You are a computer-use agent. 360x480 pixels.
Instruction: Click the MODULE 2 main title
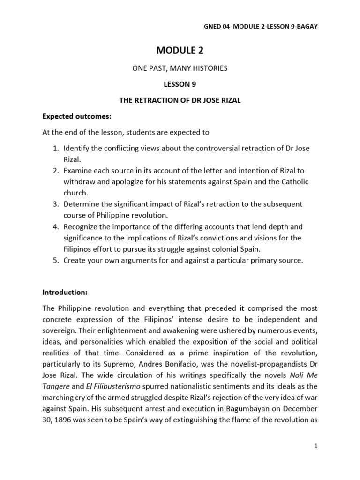click(x=180, y=51)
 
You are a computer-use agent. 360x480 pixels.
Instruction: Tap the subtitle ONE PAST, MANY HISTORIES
click(x=180, y=68)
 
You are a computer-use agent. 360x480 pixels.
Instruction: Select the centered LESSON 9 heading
click(x=180, y=84)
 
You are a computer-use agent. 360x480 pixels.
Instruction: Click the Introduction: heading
click(x=65, y=292)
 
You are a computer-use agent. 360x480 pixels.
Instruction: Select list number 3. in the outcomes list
click(x=56, y=204)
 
